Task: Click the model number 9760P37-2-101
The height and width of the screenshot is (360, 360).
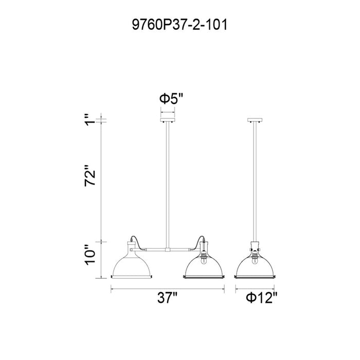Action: [179, 25]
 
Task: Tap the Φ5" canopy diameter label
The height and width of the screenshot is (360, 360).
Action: [171, 99]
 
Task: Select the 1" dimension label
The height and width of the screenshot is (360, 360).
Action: [90, 119]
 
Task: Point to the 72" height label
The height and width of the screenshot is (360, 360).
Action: [90, 175]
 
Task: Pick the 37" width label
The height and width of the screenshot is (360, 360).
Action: [168, 298]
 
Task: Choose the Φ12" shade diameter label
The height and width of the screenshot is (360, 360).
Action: [262, 298]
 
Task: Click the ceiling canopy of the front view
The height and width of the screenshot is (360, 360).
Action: [168, 120]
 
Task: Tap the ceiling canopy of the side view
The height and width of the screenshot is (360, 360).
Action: [255, 120]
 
